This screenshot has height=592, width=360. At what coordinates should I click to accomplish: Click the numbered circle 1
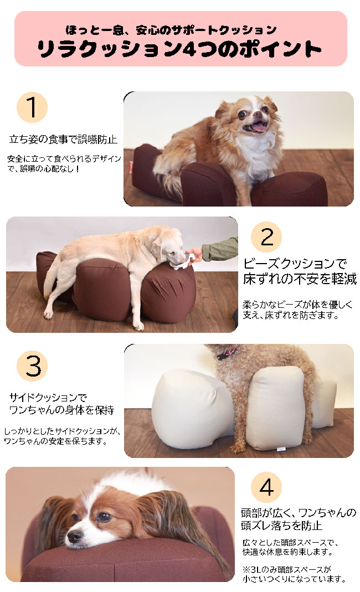click(32, 107)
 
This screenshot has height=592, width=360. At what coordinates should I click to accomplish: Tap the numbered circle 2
click(266, 237)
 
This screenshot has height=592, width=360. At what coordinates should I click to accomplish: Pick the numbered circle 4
click(266, 488)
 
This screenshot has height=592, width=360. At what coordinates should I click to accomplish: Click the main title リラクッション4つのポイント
click(179, 49)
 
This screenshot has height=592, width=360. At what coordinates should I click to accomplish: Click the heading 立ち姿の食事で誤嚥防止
click(63, 138)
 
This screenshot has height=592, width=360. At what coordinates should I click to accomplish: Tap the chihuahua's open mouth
click(258, 128)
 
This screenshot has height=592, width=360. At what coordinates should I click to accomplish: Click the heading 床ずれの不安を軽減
click(299, 279)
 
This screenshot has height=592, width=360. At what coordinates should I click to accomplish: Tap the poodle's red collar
click(228, 353)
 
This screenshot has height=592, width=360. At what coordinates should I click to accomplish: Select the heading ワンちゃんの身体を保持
click(62, 410)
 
